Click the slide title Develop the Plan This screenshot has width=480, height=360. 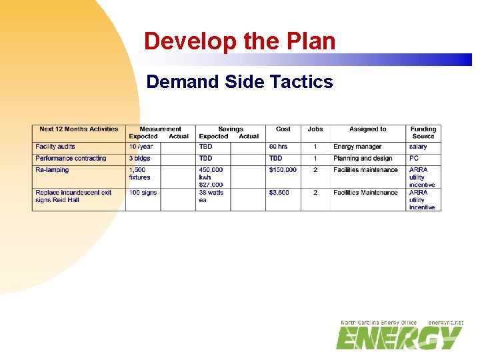pyautogui.click(x=239, y=41)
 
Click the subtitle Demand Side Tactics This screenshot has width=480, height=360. pyautogui.click(x=239, y=82)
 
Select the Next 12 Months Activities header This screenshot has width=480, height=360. pyautogui.click(x=79, y=129)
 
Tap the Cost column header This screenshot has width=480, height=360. pyautogui.click(x=283, y=129)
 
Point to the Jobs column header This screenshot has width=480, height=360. pyautogui.click(x=315, y=129)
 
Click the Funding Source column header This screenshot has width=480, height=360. pyautogui.click(x=423, y=133)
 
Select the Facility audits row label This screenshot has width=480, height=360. pyautogui.click(x=55, y=147)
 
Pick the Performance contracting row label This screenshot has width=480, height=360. pyautogui.click(x=71, y=159)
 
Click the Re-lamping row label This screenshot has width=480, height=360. pyautogui.click(x=52, y=170)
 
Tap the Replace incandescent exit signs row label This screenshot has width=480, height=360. pyautogui.click(x=73, y=196)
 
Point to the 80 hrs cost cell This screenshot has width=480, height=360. pyautogui.click(x=278, y=147)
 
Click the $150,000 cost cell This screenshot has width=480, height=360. pyautogui.click(x=283, y=170)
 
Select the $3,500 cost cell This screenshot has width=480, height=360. pyautogui.click(x=279, y=193)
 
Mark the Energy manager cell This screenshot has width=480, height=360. pyautogui.click(x=357, y=147)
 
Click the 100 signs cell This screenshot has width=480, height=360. pyautogui.click(x=143, y=193)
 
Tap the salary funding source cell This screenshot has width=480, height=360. pyautogui.click(x=418, y=147)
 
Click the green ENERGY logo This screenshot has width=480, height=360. pyautogui.click(x=399, y=338)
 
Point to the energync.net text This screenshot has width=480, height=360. pyautogui.click(x=445, y=323)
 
